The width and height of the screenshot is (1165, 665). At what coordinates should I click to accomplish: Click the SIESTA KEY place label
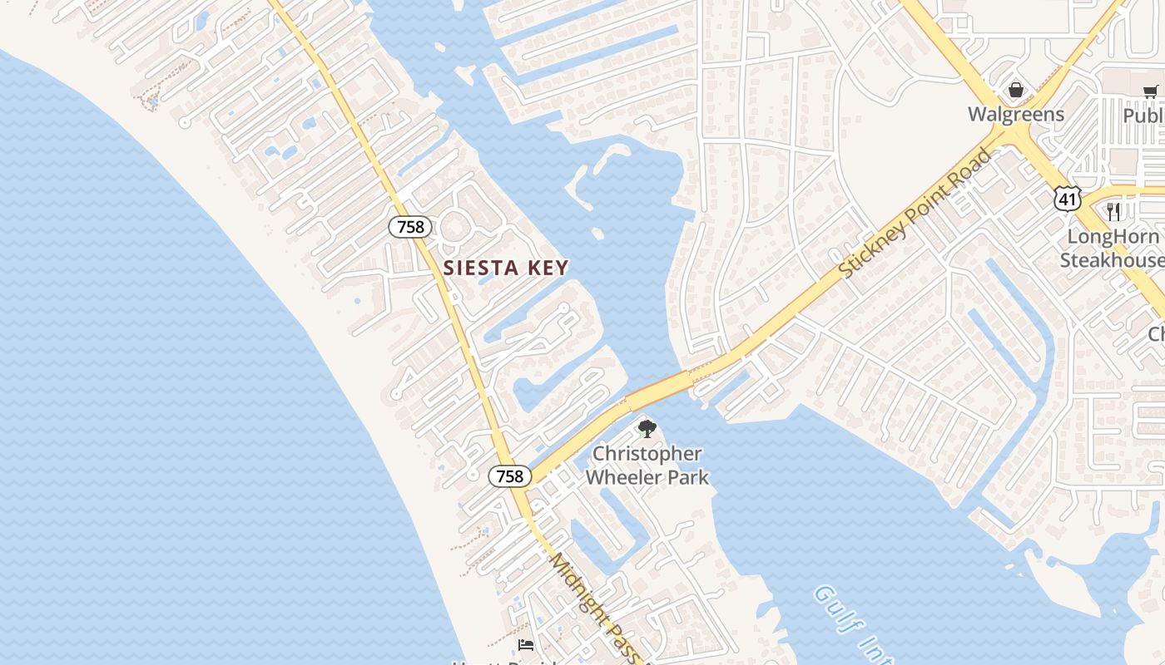pos(506,268)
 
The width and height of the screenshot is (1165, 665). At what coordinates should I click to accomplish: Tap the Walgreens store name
pos(1015,114)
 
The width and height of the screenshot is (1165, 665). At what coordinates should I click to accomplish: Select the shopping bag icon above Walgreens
pos(1015,90)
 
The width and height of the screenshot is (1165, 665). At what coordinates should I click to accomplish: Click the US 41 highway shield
pos(1067,198)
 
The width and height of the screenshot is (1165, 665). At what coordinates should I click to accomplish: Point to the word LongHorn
pos(1113,236)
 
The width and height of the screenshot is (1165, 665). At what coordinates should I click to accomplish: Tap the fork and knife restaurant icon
pos(1113,212)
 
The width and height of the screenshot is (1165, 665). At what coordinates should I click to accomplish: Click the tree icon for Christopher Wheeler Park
pos(647,429)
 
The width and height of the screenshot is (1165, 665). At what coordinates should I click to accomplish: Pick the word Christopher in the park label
pos(647,454)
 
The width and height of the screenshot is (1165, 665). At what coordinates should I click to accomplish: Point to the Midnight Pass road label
pos(596,607)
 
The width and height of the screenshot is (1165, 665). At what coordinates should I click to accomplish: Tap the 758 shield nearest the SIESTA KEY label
pos(409,226)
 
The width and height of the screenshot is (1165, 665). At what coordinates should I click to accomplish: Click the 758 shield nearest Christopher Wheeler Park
pos(509,475)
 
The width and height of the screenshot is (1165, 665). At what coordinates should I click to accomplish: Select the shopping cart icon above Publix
pos(1150,91)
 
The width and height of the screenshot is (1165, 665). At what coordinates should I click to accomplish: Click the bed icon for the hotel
pos(525,644)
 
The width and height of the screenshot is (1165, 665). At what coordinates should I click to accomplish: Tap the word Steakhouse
pos(1112,260)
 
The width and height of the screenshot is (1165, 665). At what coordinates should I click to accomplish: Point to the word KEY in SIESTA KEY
pos(546,268)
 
